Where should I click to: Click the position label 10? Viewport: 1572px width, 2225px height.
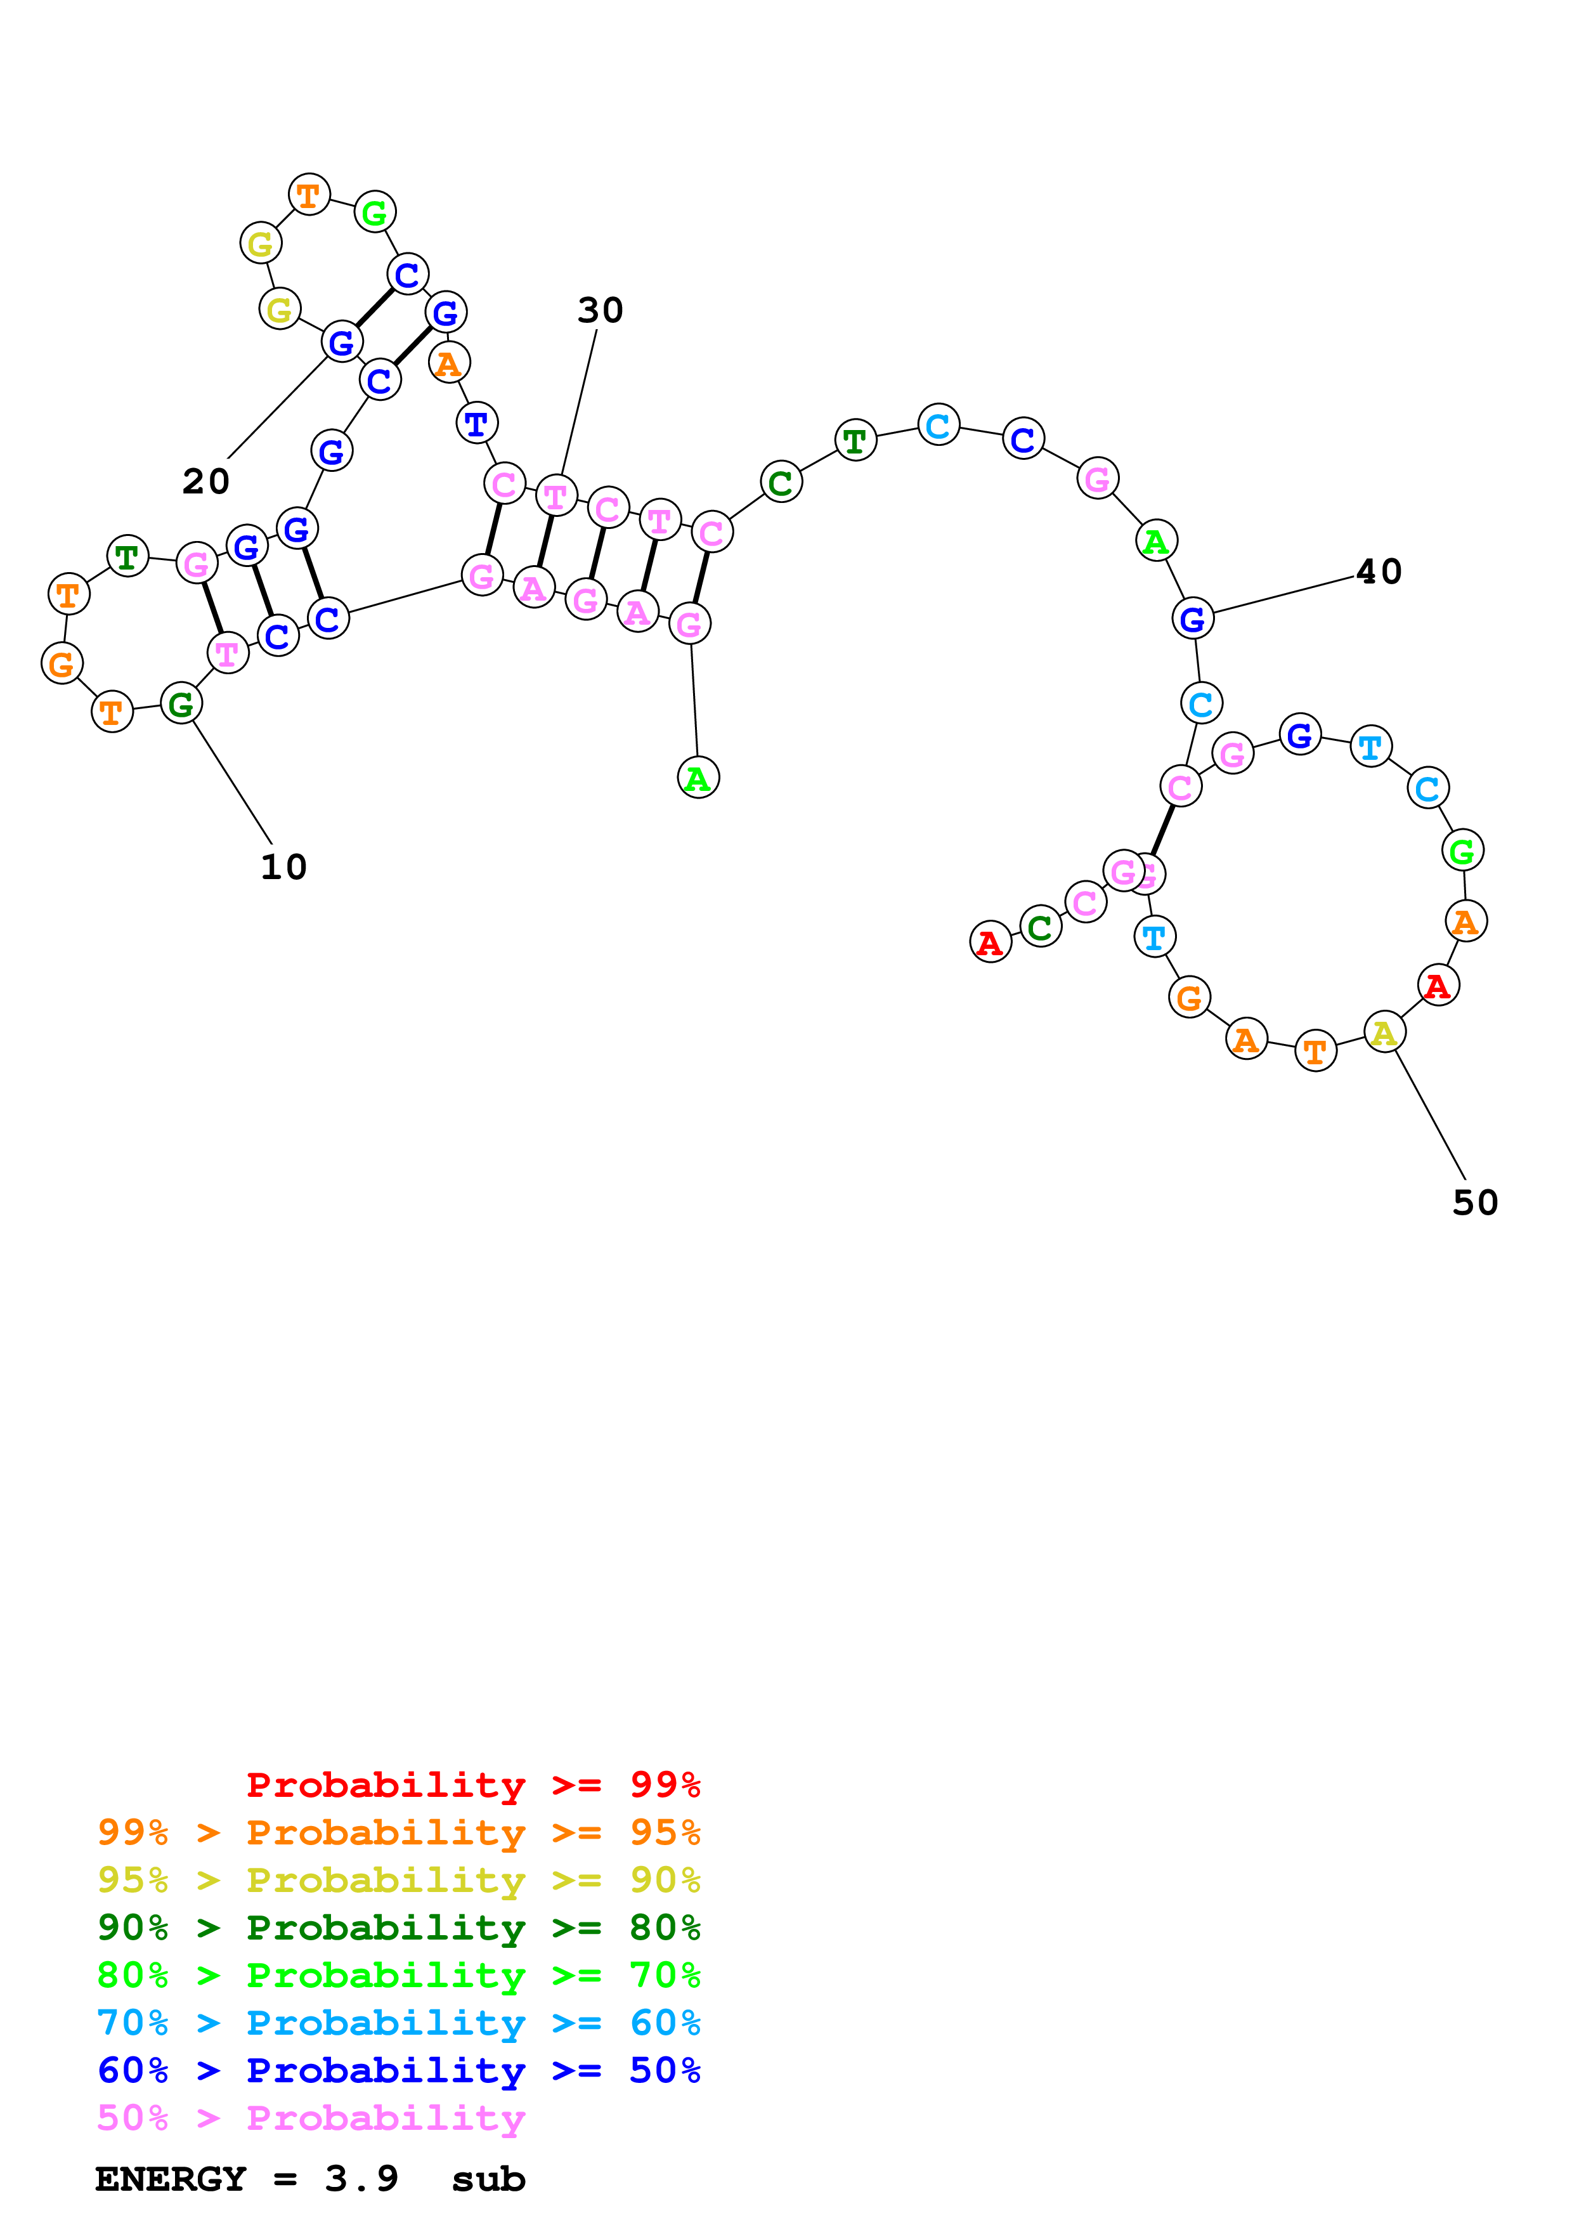pos(284,866)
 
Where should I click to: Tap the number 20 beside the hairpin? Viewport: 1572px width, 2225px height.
pos(206,481)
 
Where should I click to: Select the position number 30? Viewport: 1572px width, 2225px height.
pos(601,310)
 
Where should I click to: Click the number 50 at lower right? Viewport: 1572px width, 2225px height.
pos(1475,1203)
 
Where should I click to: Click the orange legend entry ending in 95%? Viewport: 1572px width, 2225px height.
pos(398,1832)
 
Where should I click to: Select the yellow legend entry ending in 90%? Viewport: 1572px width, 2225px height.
pos(398,1879)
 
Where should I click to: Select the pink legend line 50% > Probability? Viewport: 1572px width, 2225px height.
pos(311,2117)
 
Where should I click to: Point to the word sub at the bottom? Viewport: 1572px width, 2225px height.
pos(488,2179)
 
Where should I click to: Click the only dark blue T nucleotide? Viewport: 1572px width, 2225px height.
pos(476,424)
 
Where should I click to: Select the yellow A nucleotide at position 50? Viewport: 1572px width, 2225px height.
pos(1384,1032)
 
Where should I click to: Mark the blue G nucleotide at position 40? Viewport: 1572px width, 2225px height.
pos(1192,618)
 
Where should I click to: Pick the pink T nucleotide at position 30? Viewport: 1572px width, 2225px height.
pos(556,496)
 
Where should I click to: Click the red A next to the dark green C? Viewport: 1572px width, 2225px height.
pos(990,941)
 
